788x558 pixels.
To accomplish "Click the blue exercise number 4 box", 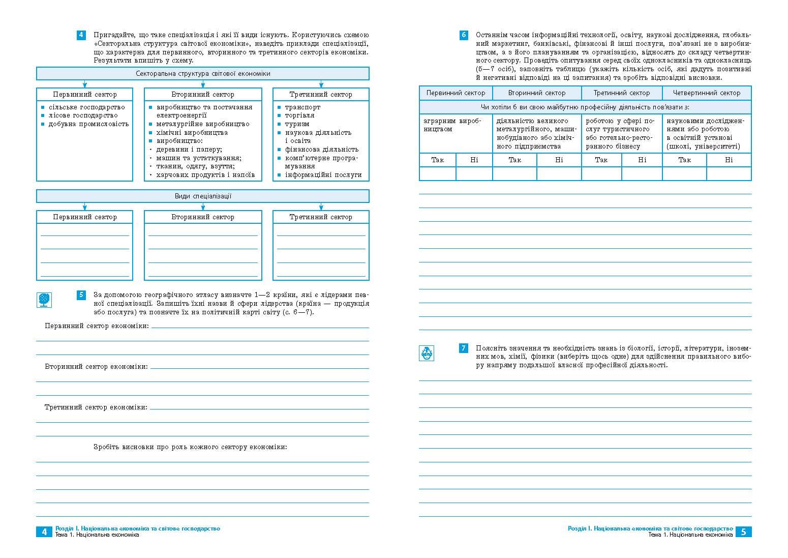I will pyautogui.click(x=81, y=36).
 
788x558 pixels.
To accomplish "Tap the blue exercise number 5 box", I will pyautogui.click(x=81, y=295).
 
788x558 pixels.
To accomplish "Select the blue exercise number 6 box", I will pyautogui.click(x=464, y=36).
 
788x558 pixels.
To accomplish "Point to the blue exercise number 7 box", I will pyautogui.click(x=464, y=348).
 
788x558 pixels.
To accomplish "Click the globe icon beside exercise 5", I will pyautogui.click(x=45, y=299).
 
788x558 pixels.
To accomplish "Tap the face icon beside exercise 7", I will pyautogui.click(x=427, y=353).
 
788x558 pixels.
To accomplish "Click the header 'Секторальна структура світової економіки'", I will pyautogui.click(x=203, y=74).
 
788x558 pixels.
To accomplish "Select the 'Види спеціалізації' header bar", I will pyautogui.click(x=203, y=196).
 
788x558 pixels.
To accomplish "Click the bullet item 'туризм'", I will pyautogui.click(x=297, y=124).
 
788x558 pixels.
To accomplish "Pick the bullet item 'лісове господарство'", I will pyautogui.click(x=83, y=115).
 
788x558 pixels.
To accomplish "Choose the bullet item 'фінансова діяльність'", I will pyautogui.click(x=321, y=149).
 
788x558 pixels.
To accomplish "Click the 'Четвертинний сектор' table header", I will pyautogui.click(x=706, y=93).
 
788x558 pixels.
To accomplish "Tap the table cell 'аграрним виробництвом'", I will pyautogui.click(x=452, y=125).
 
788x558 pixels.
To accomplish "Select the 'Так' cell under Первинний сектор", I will pyautogui.click(x=437, y=160).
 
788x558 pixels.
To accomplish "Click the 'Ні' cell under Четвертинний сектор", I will pyautogui.click(x=729, y=160).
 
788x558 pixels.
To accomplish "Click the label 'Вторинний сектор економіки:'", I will pyautogui.click(x=97, y=366).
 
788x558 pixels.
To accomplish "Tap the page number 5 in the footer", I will pyautogui.click(x=743, y=532).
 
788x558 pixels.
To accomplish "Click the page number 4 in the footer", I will pyautogui.click(x=44, y=532).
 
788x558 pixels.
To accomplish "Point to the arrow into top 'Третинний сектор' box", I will pyautogui.click(x=321, y=84).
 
